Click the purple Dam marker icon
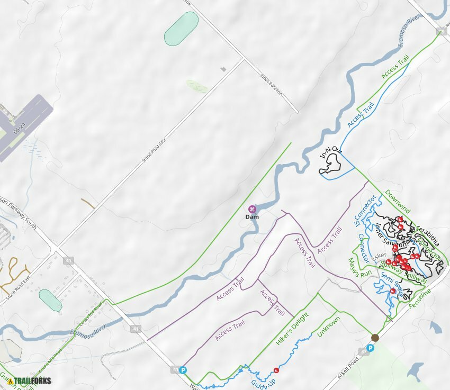coord(252,209)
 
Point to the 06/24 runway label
coord(20,128)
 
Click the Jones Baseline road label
coord(271,84)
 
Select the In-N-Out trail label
coord(332,155)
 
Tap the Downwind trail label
coord(398,201)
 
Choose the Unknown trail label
coord(328,328)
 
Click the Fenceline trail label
coord(420,300)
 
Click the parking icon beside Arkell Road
coord(371,348)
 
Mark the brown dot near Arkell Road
coord(375,338)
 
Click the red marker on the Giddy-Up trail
coord(276,370)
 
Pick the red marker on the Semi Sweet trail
coord(393,291)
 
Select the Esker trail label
coord(379,257)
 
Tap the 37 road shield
coord(441,32)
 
